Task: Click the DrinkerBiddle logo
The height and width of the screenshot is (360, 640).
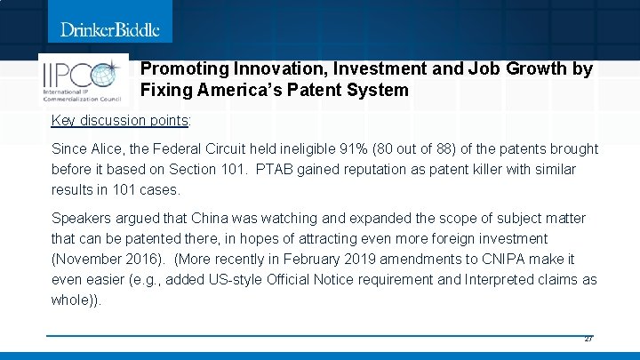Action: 110,29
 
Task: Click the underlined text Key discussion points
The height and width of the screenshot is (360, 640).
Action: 119,120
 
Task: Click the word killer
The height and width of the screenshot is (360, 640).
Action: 448,169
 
